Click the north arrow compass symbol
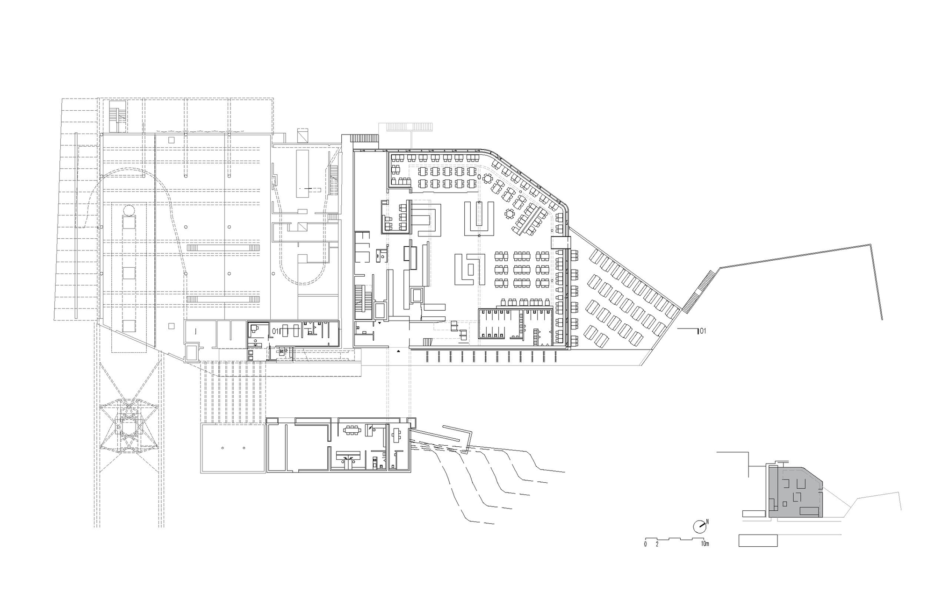point(699,526)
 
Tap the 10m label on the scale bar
point(705,544)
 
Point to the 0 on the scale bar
point(645,544)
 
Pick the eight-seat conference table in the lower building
point(351,430)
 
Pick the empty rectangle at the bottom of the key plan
point(758,541)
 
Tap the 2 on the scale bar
point(657,544)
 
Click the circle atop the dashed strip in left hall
point(129,210)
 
